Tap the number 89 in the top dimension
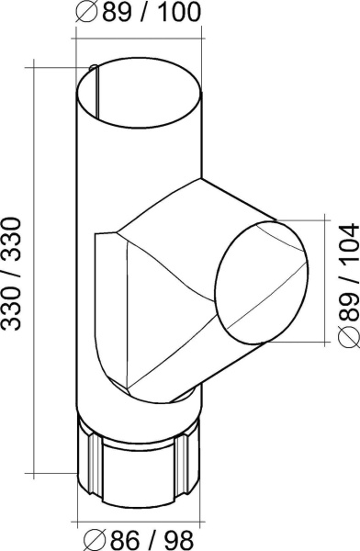[116, 12]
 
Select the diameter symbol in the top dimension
[87, 13]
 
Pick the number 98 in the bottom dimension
[179, 539]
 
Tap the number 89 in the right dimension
[348, 302]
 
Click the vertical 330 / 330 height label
[12, 274]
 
